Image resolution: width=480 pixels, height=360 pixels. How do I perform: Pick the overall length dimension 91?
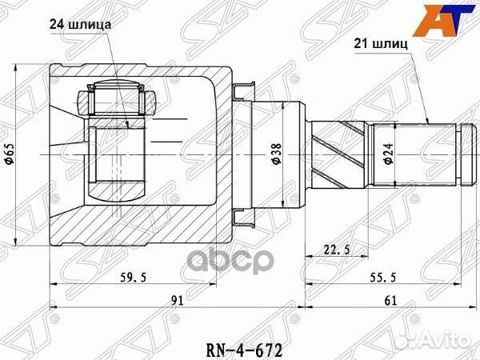pyautogui.click(x=178, y=301)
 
